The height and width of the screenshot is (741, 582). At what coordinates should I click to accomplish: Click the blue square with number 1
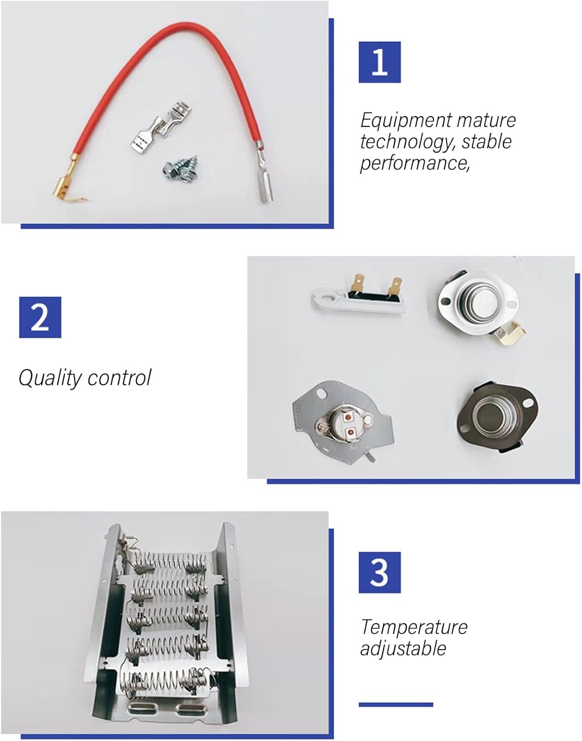click(380, 62)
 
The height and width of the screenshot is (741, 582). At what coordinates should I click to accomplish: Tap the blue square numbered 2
click(40, 317)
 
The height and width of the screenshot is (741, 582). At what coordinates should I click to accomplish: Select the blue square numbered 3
click(380, 573)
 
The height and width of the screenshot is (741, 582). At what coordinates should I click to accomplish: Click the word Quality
click(50, 378)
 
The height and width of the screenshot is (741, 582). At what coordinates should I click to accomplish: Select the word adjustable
click(403, 648)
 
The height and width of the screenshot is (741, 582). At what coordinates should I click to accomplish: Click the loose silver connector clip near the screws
click(161, 126)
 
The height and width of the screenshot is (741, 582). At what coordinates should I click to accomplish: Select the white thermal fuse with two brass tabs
click(358, 294)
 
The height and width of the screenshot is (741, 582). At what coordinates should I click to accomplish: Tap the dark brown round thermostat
click(497, 417)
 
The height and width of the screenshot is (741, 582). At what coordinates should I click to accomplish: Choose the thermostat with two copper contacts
click(343, 418)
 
